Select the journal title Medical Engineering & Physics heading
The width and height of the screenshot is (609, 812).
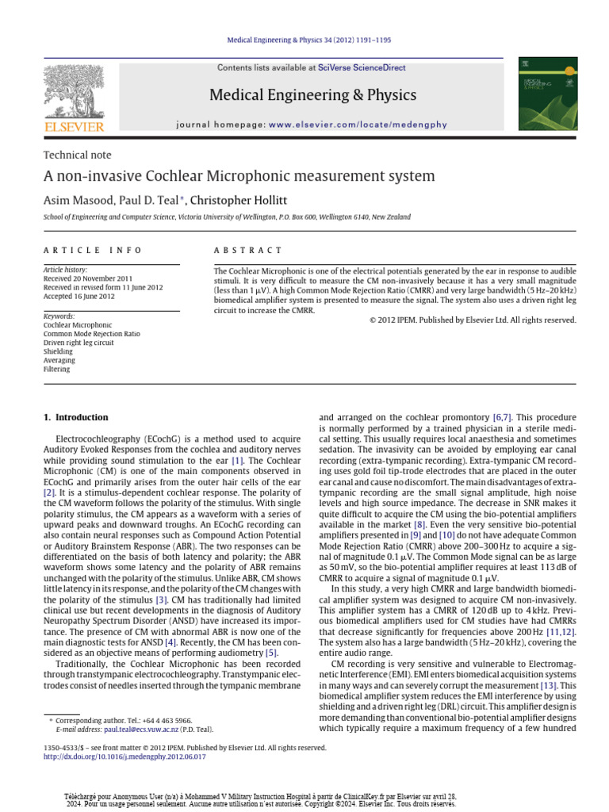pyautogui.click(x=312, y=96)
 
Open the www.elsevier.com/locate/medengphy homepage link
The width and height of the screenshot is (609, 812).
pyautogui.click(x=358, y=124)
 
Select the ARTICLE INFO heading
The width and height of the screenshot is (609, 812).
pyautogui.click(x=93, y=251)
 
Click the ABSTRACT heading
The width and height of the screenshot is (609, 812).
pyautogui.click(x=248, y=251)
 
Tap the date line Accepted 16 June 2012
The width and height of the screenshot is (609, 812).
pyautogui.click(x=79, y=297)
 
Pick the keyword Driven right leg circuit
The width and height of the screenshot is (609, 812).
pyautogui.click(x=79, y=343)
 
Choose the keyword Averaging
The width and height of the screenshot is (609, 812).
pyautogui.click(x=57, y=360)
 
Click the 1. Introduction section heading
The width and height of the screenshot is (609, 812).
pyautogui.click(x=76, y=417)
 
